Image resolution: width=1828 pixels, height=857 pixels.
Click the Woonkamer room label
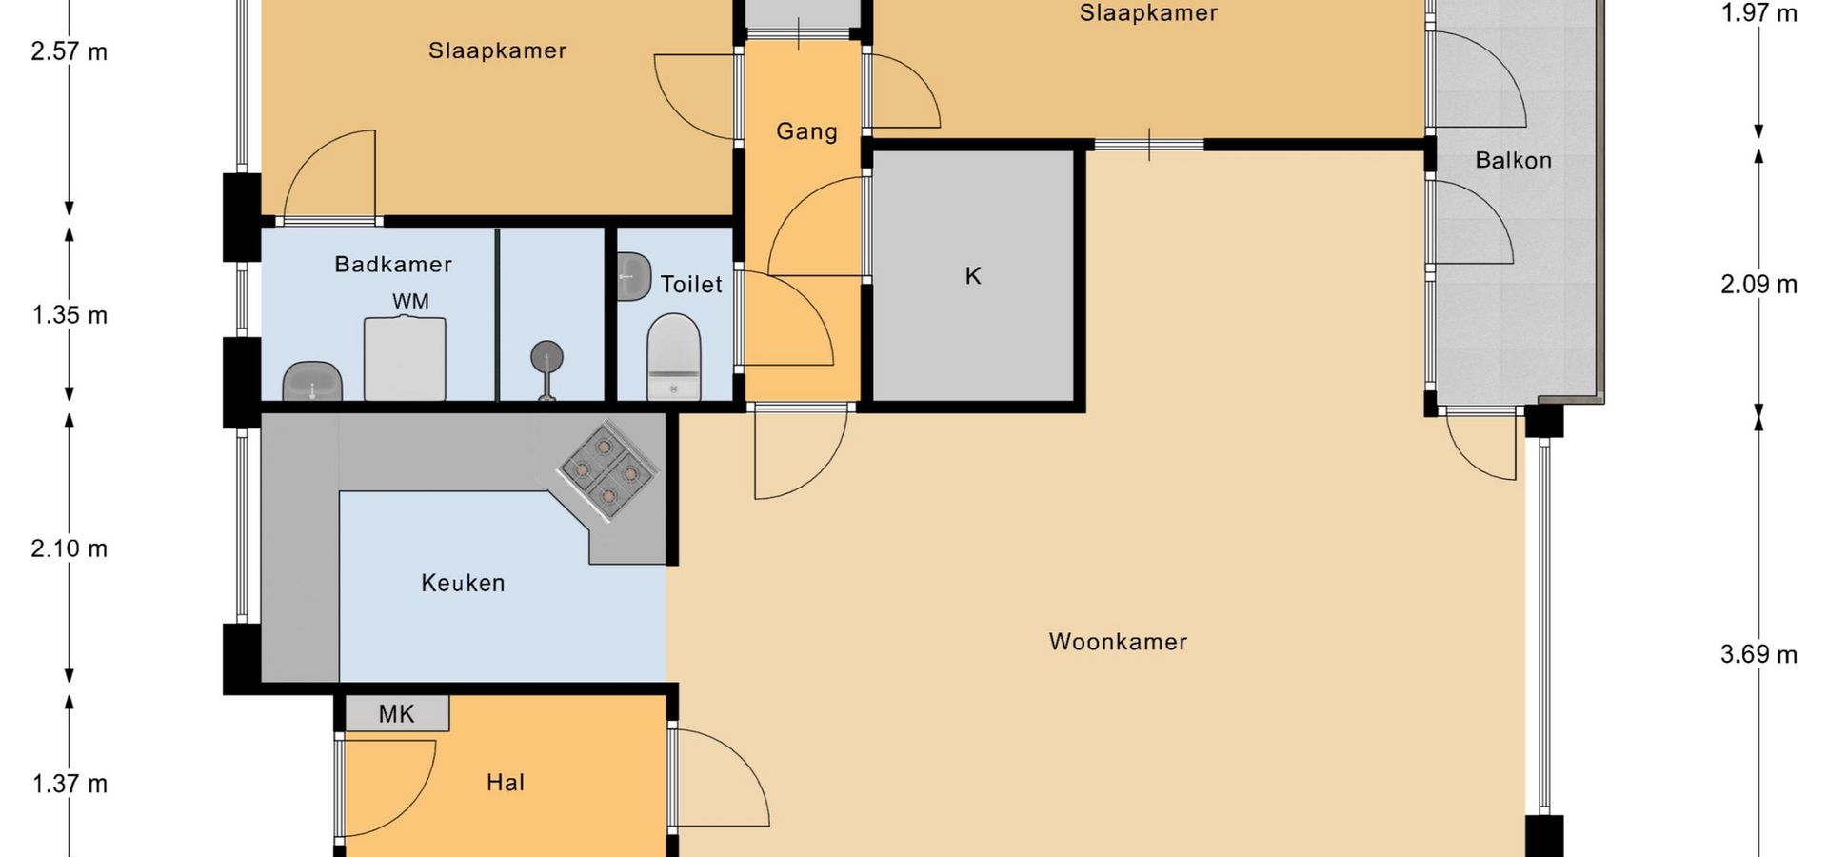pyautogui.click(x=1118, y=642)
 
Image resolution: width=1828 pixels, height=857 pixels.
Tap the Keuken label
pyautogui.click(x=463, y=583)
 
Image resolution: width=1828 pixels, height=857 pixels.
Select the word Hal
pyautogui.click(x=506, y=783)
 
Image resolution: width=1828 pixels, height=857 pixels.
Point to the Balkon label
pyautogui.click(x=1513, y=160)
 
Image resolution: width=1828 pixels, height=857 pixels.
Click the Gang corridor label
pyautogui.click(x=806, y=131)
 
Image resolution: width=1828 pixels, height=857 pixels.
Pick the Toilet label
pyautogui.click(x=691, y=284)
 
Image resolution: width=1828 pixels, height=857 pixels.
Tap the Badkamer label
pyautogui.click(x=393, y=264)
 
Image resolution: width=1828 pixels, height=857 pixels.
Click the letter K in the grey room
pyautogui.click(x=973, y=276)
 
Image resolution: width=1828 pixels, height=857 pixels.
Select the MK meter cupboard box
pyautogui.click(x=396, y=713)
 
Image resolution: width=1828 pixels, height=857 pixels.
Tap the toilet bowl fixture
pyautogui.click(x=674, y=357)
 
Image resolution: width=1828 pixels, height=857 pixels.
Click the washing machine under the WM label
pyautogui.click(x=405, y=359)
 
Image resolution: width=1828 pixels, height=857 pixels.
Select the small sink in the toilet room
pyautogui.click(x=633, y=276)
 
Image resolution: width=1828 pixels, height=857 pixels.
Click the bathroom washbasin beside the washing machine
pyautogui.click(x=312, y=381)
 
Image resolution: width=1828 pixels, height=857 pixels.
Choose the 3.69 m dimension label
pyautogui.click(x=1758, y=654)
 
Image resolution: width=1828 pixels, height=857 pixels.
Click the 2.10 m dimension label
pyautogui.click(x=70, y=548)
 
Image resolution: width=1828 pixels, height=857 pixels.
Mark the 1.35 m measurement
pyautogui.click(x=70, y=315)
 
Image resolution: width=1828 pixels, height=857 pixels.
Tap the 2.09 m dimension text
pyautogui.click(x=1758, y=284)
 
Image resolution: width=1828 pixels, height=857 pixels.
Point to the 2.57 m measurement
pyautogui.click(x=70, y=51)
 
